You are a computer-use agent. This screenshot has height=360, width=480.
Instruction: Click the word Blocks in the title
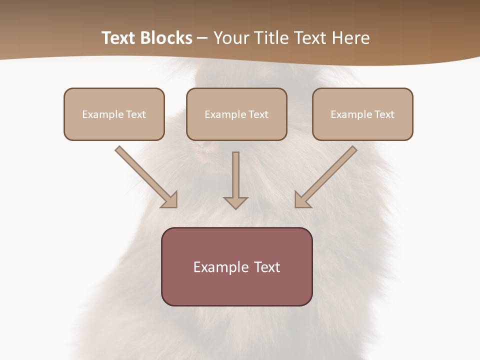tap(167, 38)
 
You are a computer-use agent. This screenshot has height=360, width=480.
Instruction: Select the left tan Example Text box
tap(114, 114)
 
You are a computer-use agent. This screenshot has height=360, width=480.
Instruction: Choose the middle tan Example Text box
tap(236, 114)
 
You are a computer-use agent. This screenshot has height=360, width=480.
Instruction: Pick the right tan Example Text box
tap(362, 114)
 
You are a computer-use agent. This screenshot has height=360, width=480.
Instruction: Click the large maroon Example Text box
tap(236, 266)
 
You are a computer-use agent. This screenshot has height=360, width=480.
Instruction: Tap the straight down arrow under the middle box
tap(235, 177)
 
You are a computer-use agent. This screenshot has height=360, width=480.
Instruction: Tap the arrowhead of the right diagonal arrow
tap(301, 200)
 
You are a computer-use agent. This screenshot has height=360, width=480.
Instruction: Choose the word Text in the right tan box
tap(384, 114)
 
